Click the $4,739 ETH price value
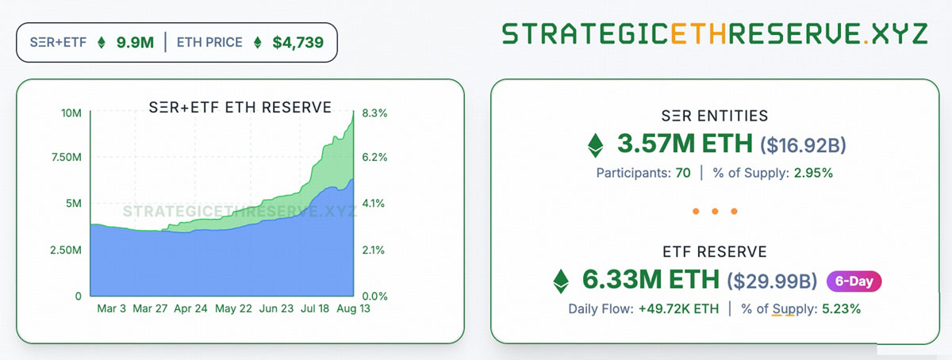coord(297,42)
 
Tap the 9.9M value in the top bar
coord(135,42)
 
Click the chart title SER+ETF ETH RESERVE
coord(240,108)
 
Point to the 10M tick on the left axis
coord(71,113)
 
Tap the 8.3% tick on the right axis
coord(374,113)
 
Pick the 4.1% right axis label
coord(374,204)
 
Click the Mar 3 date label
coord(111,308)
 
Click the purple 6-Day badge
coord(854,281)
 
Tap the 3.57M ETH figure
coord(685,145)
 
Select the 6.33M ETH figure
coord(651,280)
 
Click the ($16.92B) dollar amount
coord(804,146)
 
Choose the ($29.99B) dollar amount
coord(772,281)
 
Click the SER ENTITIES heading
coord(715,116)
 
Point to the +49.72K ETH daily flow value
coord(679,308)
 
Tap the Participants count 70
coord(682,173)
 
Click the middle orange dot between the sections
coord(715,212)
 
